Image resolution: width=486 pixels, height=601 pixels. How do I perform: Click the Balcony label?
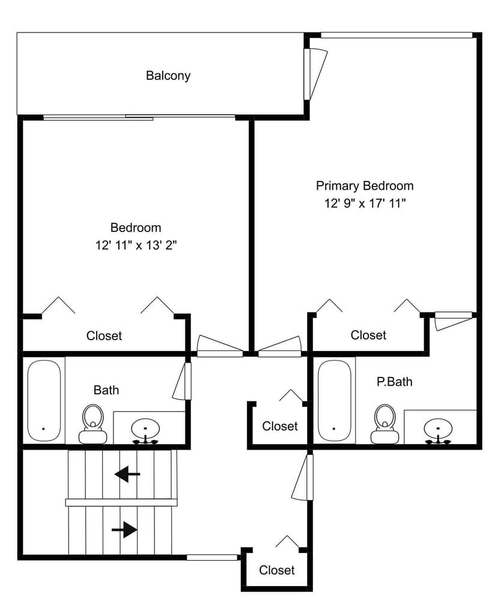[168, 76]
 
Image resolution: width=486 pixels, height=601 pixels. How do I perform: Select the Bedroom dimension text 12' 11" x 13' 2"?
[136, 245]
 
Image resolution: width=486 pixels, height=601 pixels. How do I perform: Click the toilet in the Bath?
[93, 423]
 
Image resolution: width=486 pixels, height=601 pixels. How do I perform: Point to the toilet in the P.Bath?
[384, 423]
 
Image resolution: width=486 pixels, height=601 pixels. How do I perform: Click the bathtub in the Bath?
[44, 400]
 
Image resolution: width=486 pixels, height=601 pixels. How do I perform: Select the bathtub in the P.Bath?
[334, 400]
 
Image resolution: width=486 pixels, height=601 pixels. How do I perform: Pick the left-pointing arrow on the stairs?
[127, 474]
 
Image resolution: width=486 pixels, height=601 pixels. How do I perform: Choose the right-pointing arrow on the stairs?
[124, 529]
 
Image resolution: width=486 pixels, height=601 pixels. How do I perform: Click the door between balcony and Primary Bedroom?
[314, 74]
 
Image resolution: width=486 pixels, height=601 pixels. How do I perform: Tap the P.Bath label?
[394, 382]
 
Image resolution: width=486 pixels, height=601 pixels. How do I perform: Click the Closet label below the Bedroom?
[104, 336]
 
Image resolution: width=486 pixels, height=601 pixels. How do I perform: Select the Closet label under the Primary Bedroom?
[368, 335]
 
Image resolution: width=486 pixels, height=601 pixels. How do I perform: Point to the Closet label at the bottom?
[277, 570]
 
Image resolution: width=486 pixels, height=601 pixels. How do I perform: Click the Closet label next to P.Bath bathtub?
[280, 426]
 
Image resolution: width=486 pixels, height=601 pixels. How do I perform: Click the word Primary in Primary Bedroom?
[338, 186]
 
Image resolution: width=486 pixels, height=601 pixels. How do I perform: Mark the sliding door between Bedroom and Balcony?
[139, 117]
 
